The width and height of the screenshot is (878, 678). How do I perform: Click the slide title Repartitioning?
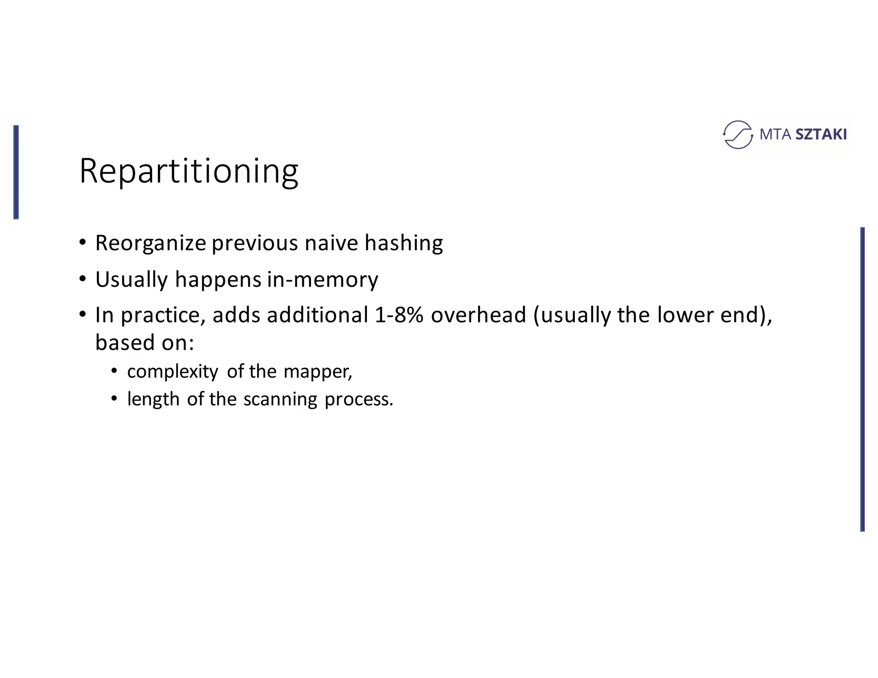(x=189, y=171)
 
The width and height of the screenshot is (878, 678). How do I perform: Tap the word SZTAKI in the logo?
(x=821, y=135)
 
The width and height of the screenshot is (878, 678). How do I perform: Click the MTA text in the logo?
(x=775, y=135)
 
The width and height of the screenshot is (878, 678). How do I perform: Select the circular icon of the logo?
(x=737, y=135)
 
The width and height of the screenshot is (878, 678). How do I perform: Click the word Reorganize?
(x=150, y=243)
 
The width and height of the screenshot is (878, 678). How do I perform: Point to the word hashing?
(x=403, y=243)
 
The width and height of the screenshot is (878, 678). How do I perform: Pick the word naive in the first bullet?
(x=331, y=243)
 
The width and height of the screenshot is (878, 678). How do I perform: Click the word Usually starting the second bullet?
(x=132, y=280)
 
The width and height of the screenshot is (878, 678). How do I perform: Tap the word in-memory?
(x=322, y=279)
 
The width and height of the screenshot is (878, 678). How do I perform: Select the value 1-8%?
(x=399, y=315)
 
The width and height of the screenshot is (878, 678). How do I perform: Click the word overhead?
(x=478, y=315)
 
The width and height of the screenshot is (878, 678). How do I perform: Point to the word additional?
(x=317, y=315)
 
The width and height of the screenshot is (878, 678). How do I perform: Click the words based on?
(x=144, y=342)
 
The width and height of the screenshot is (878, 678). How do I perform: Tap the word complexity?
(x=172, y=372)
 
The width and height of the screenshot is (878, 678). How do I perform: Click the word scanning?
(x=280, y=399)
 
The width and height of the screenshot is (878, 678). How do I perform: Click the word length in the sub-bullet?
(x=153, y=399)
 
